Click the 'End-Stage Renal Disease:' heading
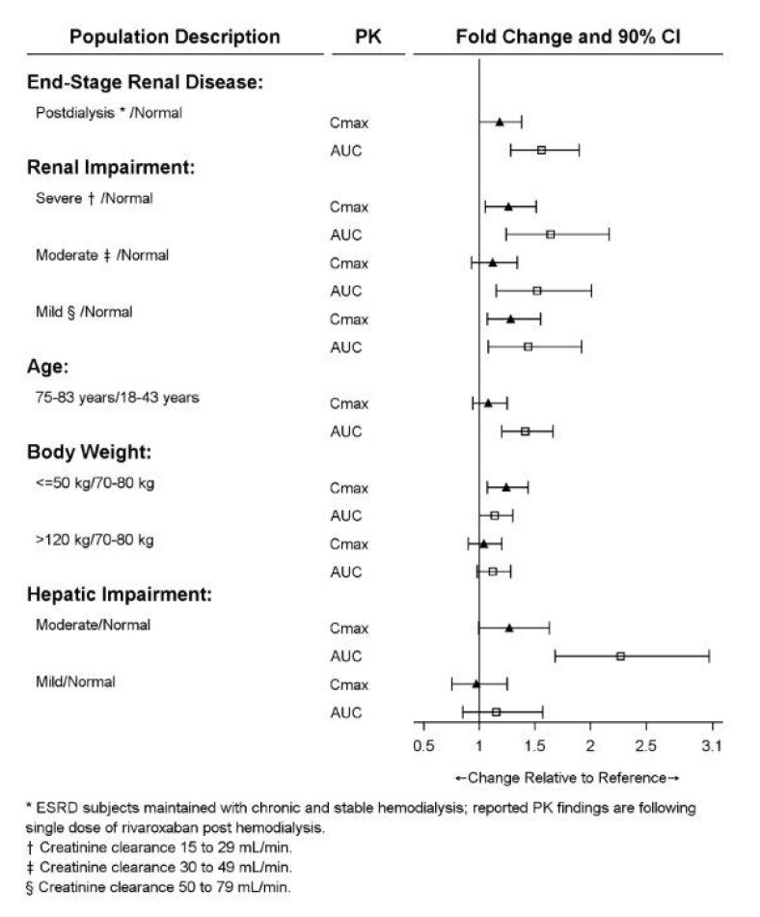coord(146,83)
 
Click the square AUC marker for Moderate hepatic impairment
coord(620,656)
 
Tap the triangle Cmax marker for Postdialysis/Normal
coord(500,123)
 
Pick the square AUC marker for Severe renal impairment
coord(550,235)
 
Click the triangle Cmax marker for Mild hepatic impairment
coord(476,684)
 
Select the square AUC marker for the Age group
coord(525,431)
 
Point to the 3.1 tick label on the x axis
coord(712,745)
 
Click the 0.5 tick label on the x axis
coord(422,745)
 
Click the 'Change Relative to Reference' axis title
coord(567,777)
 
